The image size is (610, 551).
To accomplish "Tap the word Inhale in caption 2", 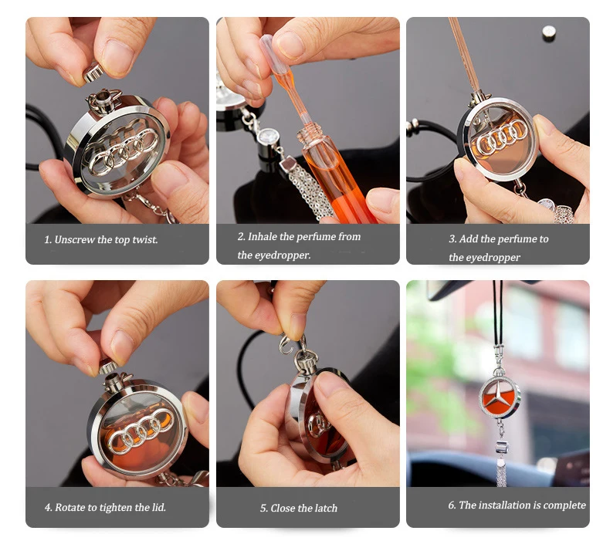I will pos(263,237).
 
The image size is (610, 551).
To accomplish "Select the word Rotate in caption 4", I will pos(69,508).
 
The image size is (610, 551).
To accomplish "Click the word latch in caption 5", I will pos(324,509).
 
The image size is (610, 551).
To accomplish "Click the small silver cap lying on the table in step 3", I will pos(549,32).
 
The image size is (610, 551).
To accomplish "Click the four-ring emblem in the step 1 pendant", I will pos(120,150).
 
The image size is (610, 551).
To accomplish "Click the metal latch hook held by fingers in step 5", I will pos(291,343).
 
